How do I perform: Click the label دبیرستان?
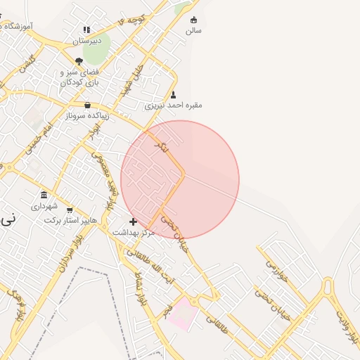pos(87,41)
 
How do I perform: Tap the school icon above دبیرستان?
pos(86,30)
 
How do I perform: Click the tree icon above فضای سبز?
pos(79,61)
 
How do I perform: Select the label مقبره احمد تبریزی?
pos(173,105)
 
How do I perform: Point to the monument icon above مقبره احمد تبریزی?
pos(173,94)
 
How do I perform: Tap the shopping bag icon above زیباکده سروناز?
pos(87,105)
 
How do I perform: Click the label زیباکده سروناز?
pos(86,115)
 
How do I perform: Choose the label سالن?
pos(193,31)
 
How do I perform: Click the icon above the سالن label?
pos(193,20)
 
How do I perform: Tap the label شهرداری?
pos(44,207)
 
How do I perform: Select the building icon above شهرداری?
pos(44,195)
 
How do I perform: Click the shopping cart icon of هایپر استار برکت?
pos(70,210)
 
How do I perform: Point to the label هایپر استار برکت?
pos(71,221)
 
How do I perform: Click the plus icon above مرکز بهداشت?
pos(133,221)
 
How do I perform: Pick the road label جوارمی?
pos(274,267)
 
